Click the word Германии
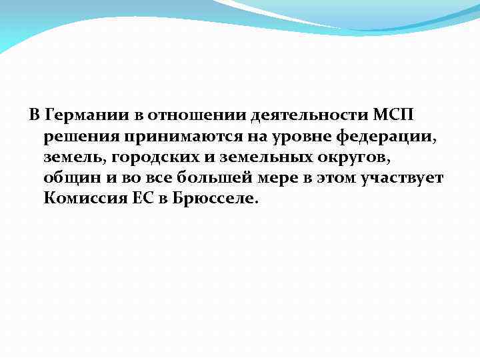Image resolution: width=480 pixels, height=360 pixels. (86, 115)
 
